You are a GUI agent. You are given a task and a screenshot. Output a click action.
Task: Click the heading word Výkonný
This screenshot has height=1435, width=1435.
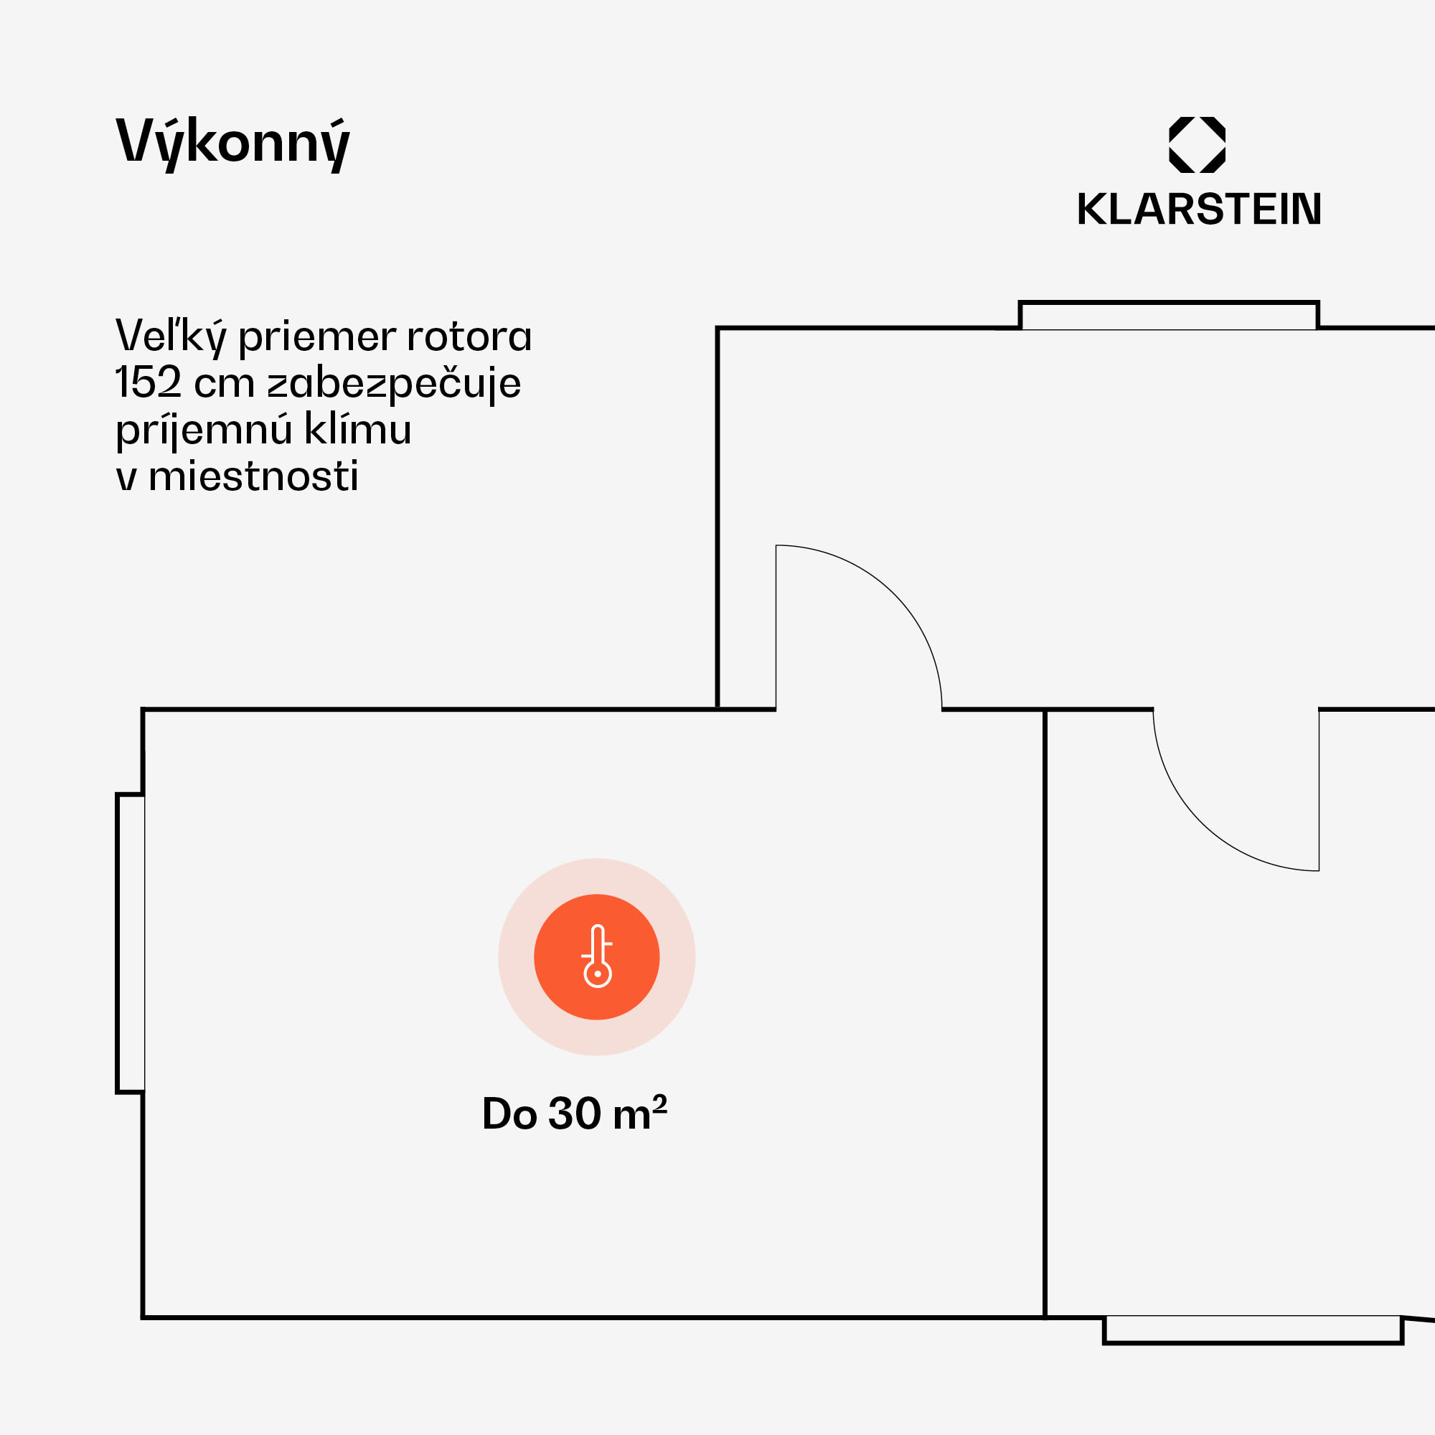(x=232, y=143)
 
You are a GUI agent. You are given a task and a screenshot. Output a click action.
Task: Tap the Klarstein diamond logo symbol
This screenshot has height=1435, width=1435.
(x=1197, y=145)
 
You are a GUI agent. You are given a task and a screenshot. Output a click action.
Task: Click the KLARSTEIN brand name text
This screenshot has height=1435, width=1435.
(x=1199, y=210)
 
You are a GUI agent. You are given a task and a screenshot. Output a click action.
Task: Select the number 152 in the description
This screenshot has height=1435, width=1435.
(x=148, y=383)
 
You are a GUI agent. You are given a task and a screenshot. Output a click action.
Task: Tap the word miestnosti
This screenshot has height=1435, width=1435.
(x=253, y=477)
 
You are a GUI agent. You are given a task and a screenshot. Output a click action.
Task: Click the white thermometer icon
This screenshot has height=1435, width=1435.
(x=597, y=956)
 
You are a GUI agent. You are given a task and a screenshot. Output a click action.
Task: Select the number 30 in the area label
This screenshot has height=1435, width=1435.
(x=574, y=1114)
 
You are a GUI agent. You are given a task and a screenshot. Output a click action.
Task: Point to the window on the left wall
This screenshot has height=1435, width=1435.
(x=131, y=944)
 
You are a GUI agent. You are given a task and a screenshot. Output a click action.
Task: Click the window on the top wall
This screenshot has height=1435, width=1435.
(x=1168, y=316)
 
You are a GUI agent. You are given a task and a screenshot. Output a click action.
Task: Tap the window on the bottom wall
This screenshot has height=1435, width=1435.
(x=1252, y=1329)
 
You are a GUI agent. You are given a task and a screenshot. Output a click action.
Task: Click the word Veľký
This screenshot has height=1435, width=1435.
(x=170, y=337)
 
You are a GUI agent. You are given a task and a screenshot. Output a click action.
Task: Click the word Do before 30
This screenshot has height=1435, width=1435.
(x=509, y=1114)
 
